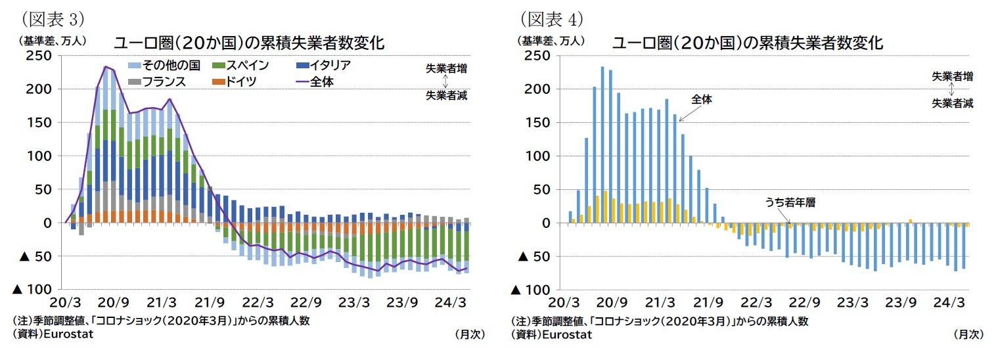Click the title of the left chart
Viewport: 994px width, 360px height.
(x=248, y=43)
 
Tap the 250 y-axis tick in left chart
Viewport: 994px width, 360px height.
(x=41, y=56)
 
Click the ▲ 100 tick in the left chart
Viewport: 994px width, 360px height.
(x=34, y=290)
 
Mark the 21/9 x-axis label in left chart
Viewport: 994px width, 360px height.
(x=210, y=303)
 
